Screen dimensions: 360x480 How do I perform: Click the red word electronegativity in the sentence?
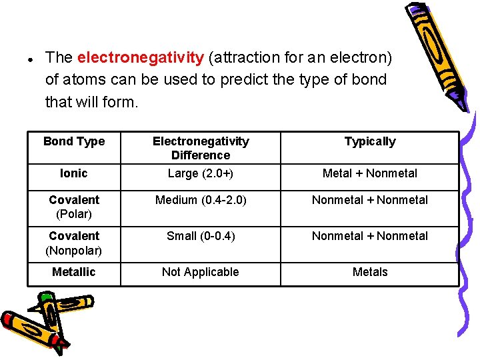141,58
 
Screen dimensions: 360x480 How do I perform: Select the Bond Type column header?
74,141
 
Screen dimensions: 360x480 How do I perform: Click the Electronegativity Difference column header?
201,148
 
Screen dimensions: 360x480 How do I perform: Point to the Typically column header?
370,141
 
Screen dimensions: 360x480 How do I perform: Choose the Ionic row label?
74,173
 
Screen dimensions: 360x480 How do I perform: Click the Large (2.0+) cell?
201,173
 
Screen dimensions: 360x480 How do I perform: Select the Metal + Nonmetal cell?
370,173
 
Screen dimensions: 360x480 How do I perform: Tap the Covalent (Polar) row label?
74,207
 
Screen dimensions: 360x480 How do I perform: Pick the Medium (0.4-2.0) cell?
201,200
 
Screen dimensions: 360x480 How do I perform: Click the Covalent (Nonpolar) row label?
74,243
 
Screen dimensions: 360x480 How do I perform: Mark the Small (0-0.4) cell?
201,236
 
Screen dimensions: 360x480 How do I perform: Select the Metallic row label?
74,272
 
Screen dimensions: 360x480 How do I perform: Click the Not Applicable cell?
201,272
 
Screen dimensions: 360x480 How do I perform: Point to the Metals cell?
370,272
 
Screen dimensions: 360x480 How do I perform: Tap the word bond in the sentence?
371,80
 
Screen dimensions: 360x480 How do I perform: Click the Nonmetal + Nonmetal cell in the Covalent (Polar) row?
370,200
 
